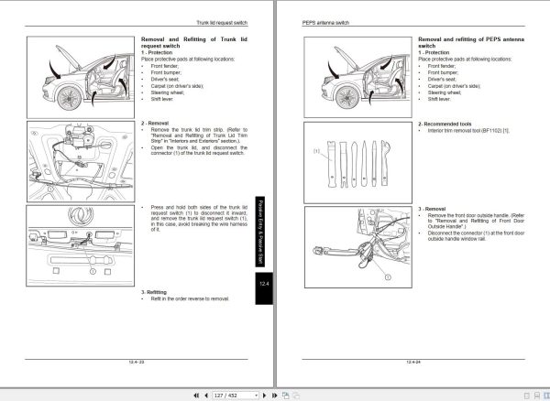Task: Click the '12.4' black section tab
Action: pos(263,287)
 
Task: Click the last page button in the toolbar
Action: pos(273,395)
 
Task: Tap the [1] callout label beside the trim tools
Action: pos(317,149)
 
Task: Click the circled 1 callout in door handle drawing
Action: pos(387,275)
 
